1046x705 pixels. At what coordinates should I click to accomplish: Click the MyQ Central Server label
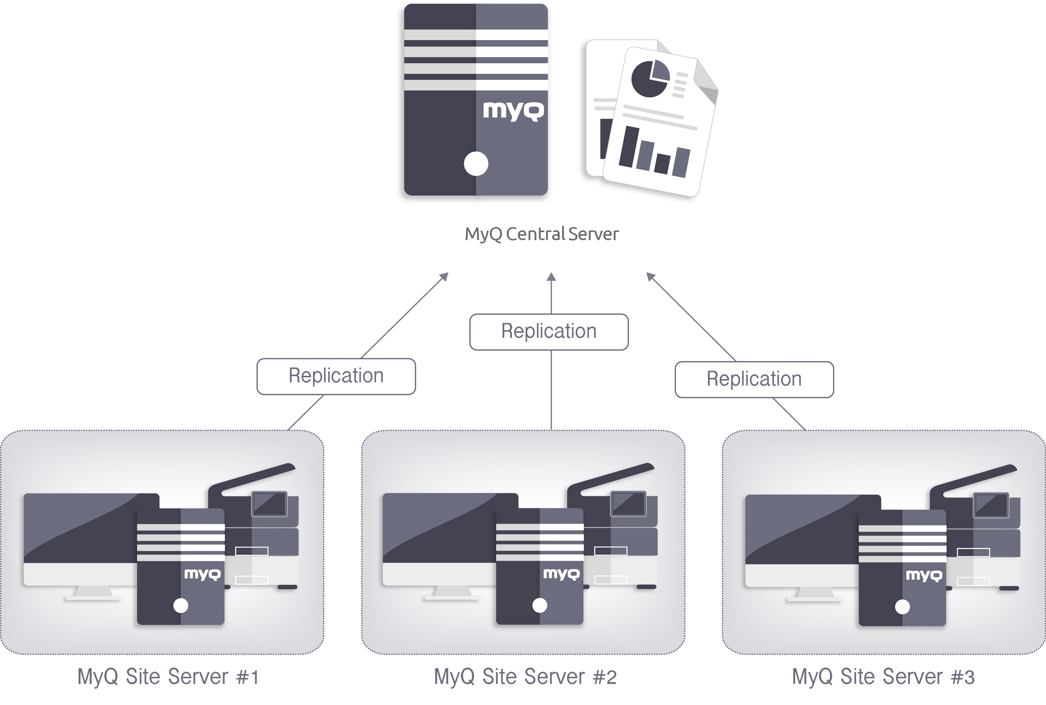pyautogui.click(x=542, y=234)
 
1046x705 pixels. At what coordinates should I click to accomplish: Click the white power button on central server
pyautogui.click(x=476, y=164)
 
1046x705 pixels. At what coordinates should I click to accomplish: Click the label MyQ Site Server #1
pyautogui.click(x=168, y=677)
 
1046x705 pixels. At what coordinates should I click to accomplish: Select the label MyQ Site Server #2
pyautogui.click(x=525, y=677)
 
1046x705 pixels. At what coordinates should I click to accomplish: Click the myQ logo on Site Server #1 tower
pyautogui.click(x=202, y=574)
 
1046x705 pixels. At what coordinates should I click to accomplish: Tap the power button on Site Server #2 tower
pyautogui.click(x=540, y=606)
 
